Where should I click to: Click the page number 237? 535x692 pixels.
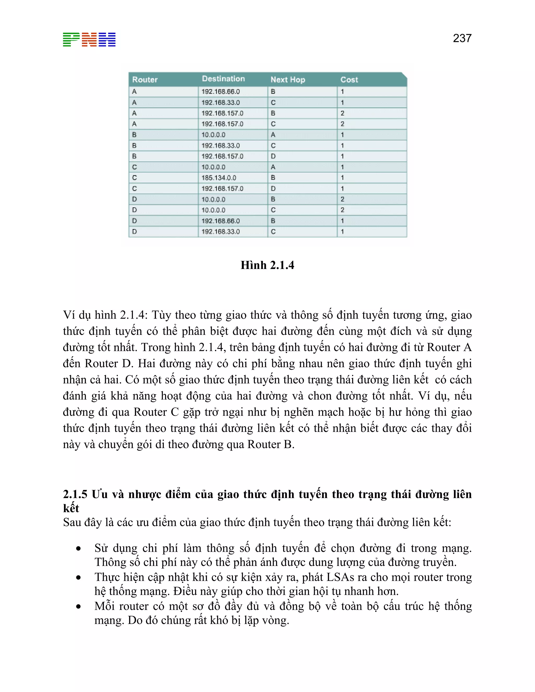pos(462,38)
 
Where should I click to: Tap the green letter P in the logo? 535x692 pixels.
pos(71,40)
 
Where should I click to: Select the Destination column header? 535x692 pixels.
pos(223,79)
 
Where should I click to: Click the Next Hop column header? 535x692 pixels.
pos(287,80)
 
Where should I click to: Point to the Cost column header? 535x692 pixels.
pos(349,80)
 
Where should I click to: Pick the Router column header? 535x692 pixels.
pos(145,80)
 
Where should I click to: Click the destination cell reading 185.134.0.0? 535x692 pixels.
pos(219,178)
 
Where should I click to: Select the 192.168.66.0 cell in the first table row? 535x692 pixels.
pos(220,92)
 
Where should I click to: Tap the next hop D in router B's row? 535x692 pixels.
pos(273,156)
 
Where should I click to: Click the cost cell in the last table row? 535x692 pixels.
pos(342,232)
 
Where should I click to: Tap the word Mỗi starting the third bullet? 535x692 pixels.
pos(104,606)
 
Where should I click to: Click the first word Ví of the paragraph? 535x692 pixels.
pos(69,315)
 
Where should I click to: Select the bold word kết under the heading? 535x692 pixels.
pos(71,508)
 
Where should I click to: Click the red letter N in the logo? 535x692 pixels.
pos(89,40)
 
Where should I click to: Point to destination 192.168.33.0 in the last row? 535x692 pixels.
pos(220,232)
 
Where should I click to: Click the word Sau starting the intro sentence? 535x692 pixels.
pos(72,522)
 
